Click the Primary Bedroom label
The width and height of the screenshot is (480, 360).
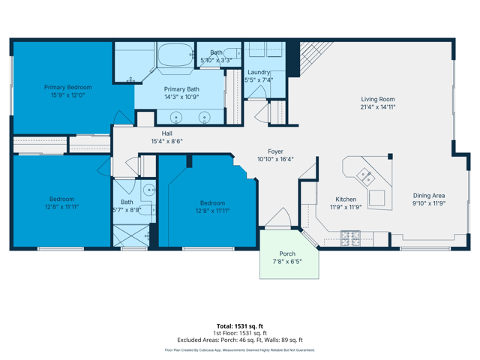[x=68, y=87]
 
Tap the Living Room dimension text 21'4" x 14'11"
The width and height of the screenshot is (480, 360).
[x=378, y=106]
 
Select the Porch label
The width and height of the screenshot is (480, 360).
[x=287, y=253]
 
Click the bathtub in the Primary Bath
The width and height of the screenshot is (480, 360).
[x=175, y=55]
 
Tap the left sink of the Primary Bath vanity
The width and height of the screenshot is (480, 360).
[x=176, y=117]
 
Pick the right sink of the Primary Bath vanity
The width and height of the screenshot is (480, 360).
[x=204, y=117]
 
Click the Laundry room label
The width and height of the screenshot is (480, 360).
[x=259, y=72]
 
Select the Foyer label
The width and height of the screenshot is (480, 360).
[x=275, y=151]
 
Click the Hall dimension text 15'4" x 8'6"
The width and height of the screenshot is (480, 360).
[x=166, y=141]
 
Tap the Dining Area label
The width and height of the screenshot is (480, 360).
[x=429, y=196]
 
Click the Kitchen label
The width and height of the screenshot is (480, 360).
[x=346, y=199]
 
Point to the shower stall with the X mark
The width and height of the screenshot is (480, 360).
[x=131, y=235]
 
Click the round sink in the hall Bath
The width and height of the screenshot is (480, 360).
[x=149, y=190]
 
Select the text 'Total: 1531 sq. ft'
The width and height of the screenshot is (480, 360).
[x=240, y=326]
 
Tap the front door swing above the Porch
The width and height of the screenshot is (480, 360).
[x=277, y=218]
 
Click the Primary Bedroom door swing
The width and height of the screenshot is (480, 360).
[x=123, y=118]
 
